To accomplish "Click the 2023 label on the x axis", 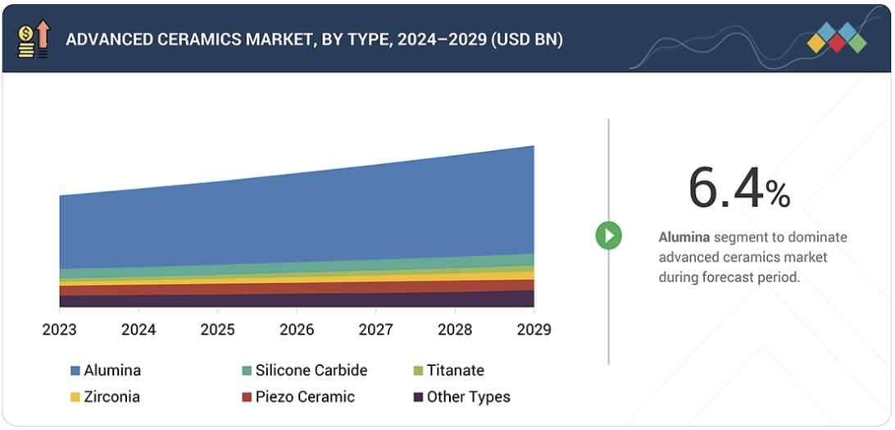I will point(60,330).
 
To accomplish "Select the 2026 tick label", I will point(297,330).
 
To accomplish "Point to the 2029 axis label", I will point(534,330).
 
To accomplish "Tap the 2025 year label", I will point(217,330).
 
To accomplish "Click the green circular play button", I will point(608,236).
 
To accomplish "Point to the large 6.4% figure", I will point(738,188).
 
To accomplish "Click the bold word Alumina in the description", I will point(684,237).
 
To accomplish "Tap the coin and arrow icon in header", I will point(34,39).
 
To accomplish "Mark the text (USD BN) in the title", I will point(526,39).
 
